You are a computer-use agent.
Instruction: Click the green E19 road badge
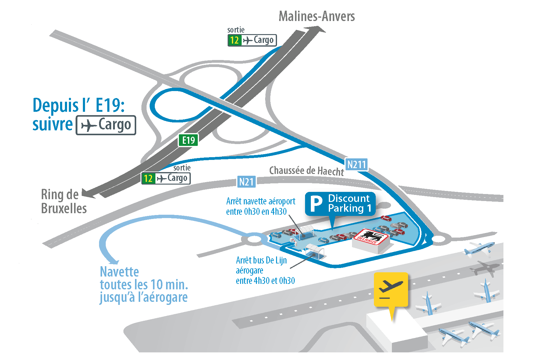[188, 140]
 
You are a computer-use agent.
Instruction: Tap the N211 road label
[356, 165]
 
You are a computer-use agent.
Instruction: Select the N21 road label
[247, 182]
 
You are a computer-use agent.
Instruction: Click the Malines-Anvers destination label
[317, 16]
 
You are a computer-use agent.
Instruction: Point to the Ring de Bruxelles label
[64, 201]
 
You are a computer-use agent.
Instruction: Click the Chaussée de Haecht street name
[307, 171]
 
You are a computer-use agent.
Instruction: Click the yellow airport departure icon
[391, 290]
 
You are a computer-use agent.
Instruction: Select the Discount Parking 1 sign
[340, 204]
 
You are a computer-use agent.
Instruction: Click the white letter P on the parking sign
[316, 204]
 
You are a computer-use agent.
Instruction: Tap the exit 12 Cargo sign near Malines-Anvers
[252, 40]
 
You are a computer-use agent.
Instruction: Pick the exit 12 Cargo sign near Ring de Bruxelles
[166, 178]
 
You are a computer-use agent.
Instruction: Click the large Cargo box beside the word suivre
[106, 125]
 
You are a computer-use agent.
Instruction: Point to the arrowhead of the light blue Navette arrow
[113, 261]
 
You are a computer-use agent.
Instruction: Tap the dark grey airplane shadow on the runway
[485, 268]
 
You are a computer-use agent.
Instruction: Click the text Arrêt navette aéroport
[261, 201]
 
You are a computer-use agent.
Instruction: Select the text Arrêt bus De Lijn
[261, 260]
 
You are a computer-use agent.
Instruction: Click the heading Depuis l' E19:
[79, 105]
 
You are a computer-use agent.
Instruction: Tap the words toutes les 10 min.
[144, 285]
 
